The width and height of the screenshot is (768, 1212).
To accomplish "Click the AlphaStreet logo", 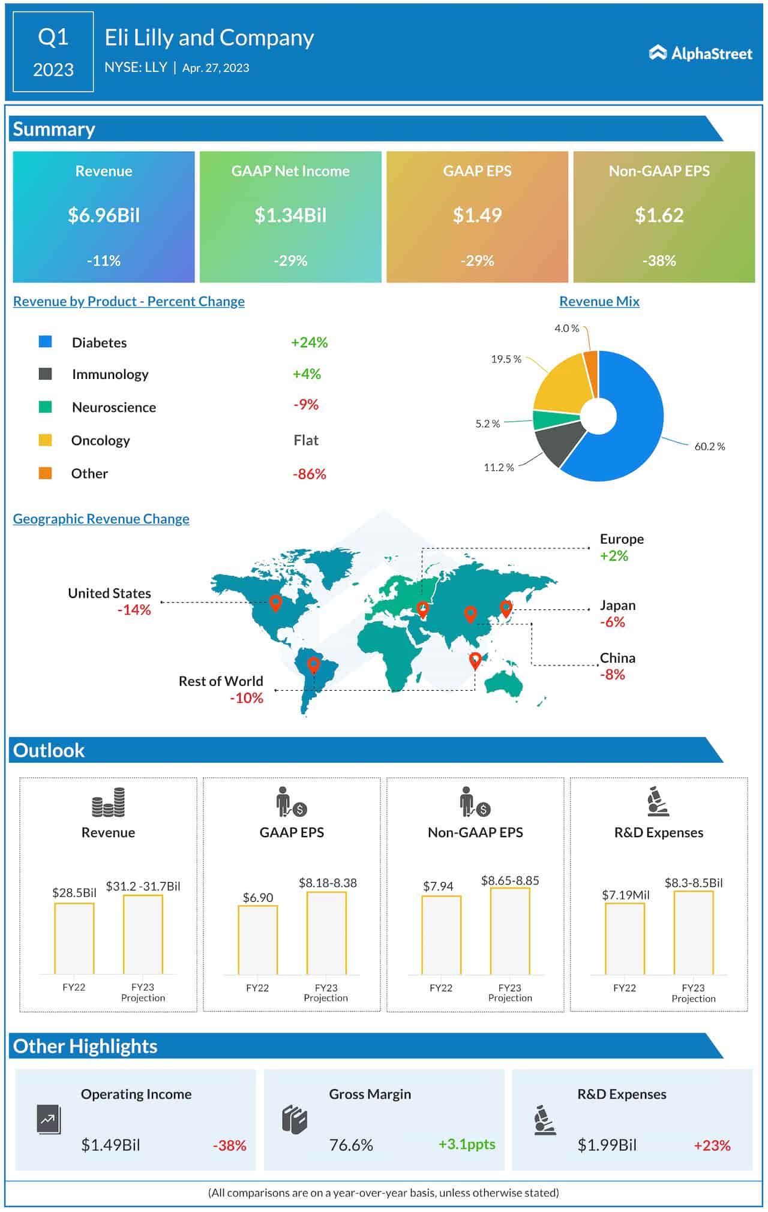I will pyautogui.click(x=700, y=53).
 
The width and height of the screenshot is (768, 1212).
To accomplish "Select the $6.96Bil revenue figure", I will pyautogui.click(x=104, y=215).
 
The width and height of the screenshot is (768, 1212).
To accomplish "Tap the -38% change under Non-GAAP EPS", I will pyautogui.click(x=659, y=261).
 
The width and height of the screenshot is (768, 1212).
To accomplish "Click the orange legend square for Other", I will pyautogui.click(x=45, y=473).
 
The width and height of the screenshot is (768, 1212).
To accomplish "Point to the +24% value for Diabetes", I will pyautogui.click(x=309, y=342).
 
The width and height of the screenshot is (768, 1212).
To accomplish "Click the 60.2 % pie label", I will pyautogui.click(x=709, y=447).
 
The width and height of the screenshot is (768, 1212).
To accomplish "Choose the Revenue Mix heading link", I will pyautogui.click(x=599, y=302).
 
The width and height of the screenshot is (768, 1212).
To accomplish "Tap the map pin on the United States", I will pyautogui.click(x=275, y=602).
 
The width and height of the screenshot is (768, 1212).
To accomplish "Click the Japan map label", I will pyautogui.click(x=617, y=606).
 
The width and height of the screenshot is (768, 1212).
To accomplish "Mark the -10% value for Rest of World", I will pyautogui.click(x=247, y=698).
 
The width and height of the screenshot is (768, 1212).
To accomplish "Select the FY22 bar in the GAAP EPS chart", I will pyautogui.click(x=258, y=940).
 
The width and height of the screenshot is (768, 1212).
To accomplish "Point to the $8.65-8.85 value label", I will pyautogui.click(x=510, y=880).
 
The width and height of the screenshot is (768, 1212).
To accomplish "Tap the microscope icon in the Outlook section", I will pyautogui.click(x=658, y=802).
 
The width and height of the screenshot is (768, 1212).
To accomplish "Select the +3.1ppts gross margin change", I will pyautogui.click(x=467, y=1144).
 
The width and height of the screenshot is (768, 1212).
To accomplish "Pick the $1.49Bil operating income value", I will pyautogui.click(x=110, y=1145).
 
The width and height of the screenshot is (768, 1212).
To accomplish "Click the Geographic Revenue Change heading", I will pyautogui.click(x=101, y=519).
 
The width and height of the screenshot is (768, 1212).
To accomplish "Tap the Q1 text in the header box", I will pyautogui.click(x=53, y=37).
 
